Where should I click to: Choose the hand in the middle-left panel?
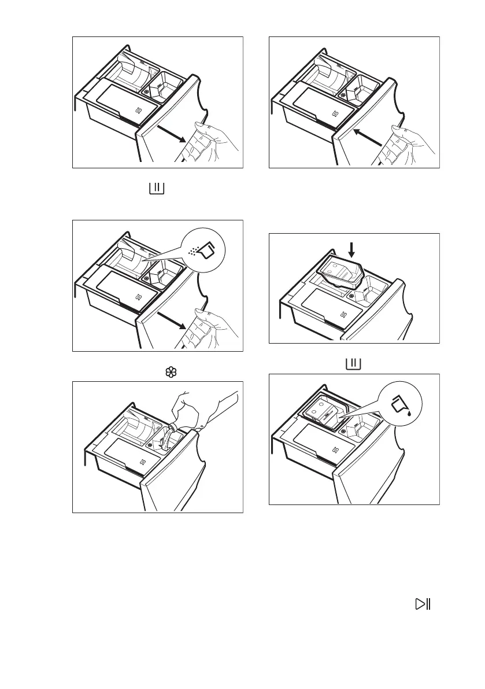tap(214, 327)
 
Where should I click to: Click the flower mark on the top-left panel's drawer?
tap(147, 91)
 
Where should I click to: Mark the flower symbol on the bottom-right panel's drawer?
tap(344, 431)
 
